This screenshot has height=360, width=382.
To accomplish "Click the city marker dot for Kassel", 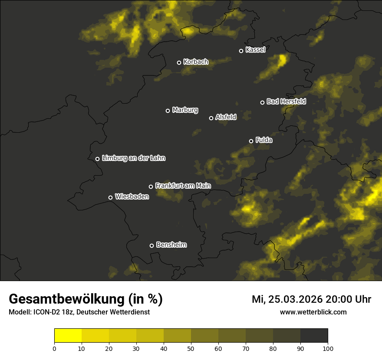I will point(241,51).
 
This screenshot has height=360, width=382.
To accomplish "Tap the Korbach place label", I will point(196,62).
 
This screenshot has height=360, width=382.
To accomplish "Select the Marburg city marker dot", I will point(168,111).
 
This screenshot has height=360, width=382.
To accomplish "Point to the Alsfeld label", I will point(226,117).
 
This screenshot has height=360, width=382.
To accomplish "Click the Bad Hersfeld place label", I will point(286,101).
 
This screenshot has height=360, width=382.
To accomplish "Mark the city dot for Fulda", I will point(251,141).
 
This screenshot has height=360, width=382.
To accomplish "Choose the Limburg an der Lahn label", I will point(133,158).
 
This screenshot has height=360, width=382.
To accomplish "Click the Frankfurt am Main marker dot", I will point(151,187).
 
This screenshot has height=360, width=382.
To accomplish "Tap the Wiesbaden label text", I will point(132,197).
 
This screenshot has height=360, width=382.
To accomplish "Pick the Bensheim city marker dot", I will point(151,245).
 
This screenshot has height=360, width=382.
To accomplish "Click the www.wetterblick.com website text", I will point(313,312).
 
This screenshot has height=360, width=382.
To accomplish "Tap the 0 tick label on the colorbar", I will point(54,348).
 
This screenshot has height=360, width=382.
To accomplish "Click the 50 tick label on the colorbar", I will point(191,348).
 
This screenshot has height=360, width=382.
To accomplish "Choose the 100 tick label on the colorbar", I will point(328,348).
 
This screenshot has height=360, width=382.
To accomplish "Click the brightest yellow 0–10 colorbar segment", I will point(68,336).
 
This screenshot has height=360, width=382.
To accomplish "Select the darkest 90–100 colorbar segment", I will point(314,336).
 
